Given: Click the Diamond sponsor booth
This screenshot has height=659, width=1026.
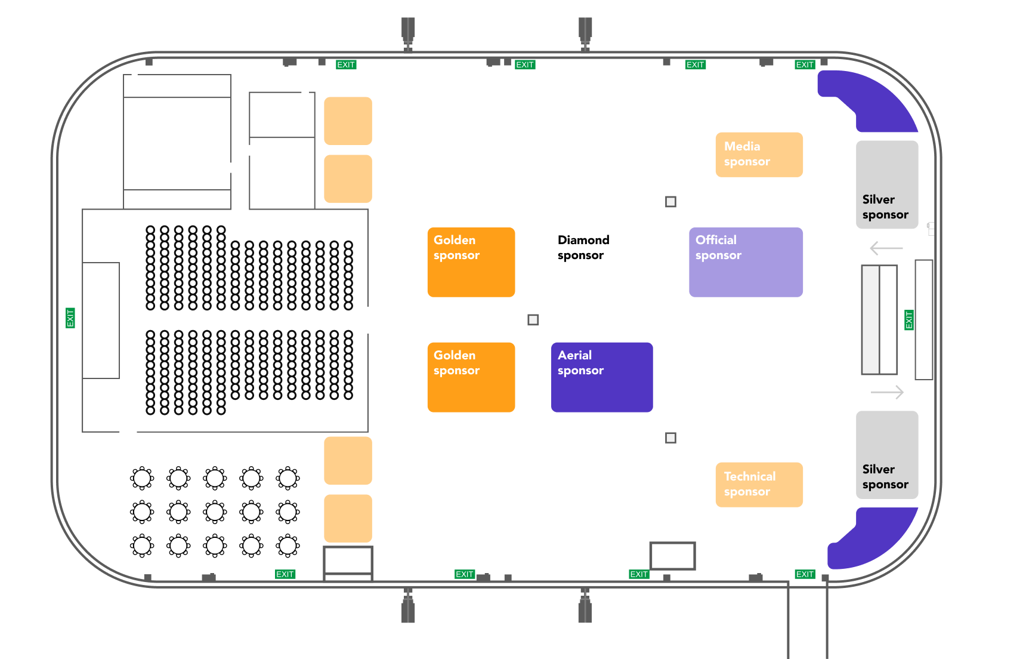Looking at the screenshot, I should (602, 262).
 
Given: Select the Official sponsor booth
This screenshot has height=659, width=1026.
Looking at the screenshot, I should (746, 262).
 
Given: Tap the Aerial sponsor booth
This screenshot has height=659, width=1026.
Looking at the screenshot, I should (602, 377).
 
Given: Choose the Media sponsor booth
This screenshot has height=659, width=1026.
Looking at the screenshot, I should (759, 155).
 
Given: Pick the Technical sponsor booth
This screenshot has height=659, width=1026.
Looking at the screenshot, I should (759, 485).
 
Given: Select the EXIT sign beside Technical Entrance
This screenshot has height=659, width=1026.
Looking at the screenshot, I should (70, 318).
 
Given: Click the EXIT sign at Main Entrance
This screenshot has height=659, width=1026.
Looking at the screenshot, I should (909, 319).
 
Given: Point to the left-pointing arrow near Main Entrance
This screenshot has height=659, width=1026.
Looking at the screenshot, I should (886, 248).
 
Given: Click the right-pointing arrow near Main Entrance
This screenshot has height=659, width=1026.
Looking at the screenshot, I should (888, 392).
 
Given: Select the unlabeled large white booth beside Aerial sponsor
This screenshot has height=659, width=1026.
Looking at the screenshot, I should (746, 377).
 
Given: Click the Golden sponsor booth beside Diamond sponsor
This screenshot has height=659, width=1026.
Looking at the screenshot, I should (471, 262).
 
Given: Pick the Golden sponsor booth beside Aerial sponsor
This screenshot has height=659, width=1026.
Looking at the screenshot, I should (471, 377).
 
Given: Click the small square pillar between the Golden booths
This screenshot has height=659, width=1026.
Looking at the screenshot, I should (533, 320).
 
